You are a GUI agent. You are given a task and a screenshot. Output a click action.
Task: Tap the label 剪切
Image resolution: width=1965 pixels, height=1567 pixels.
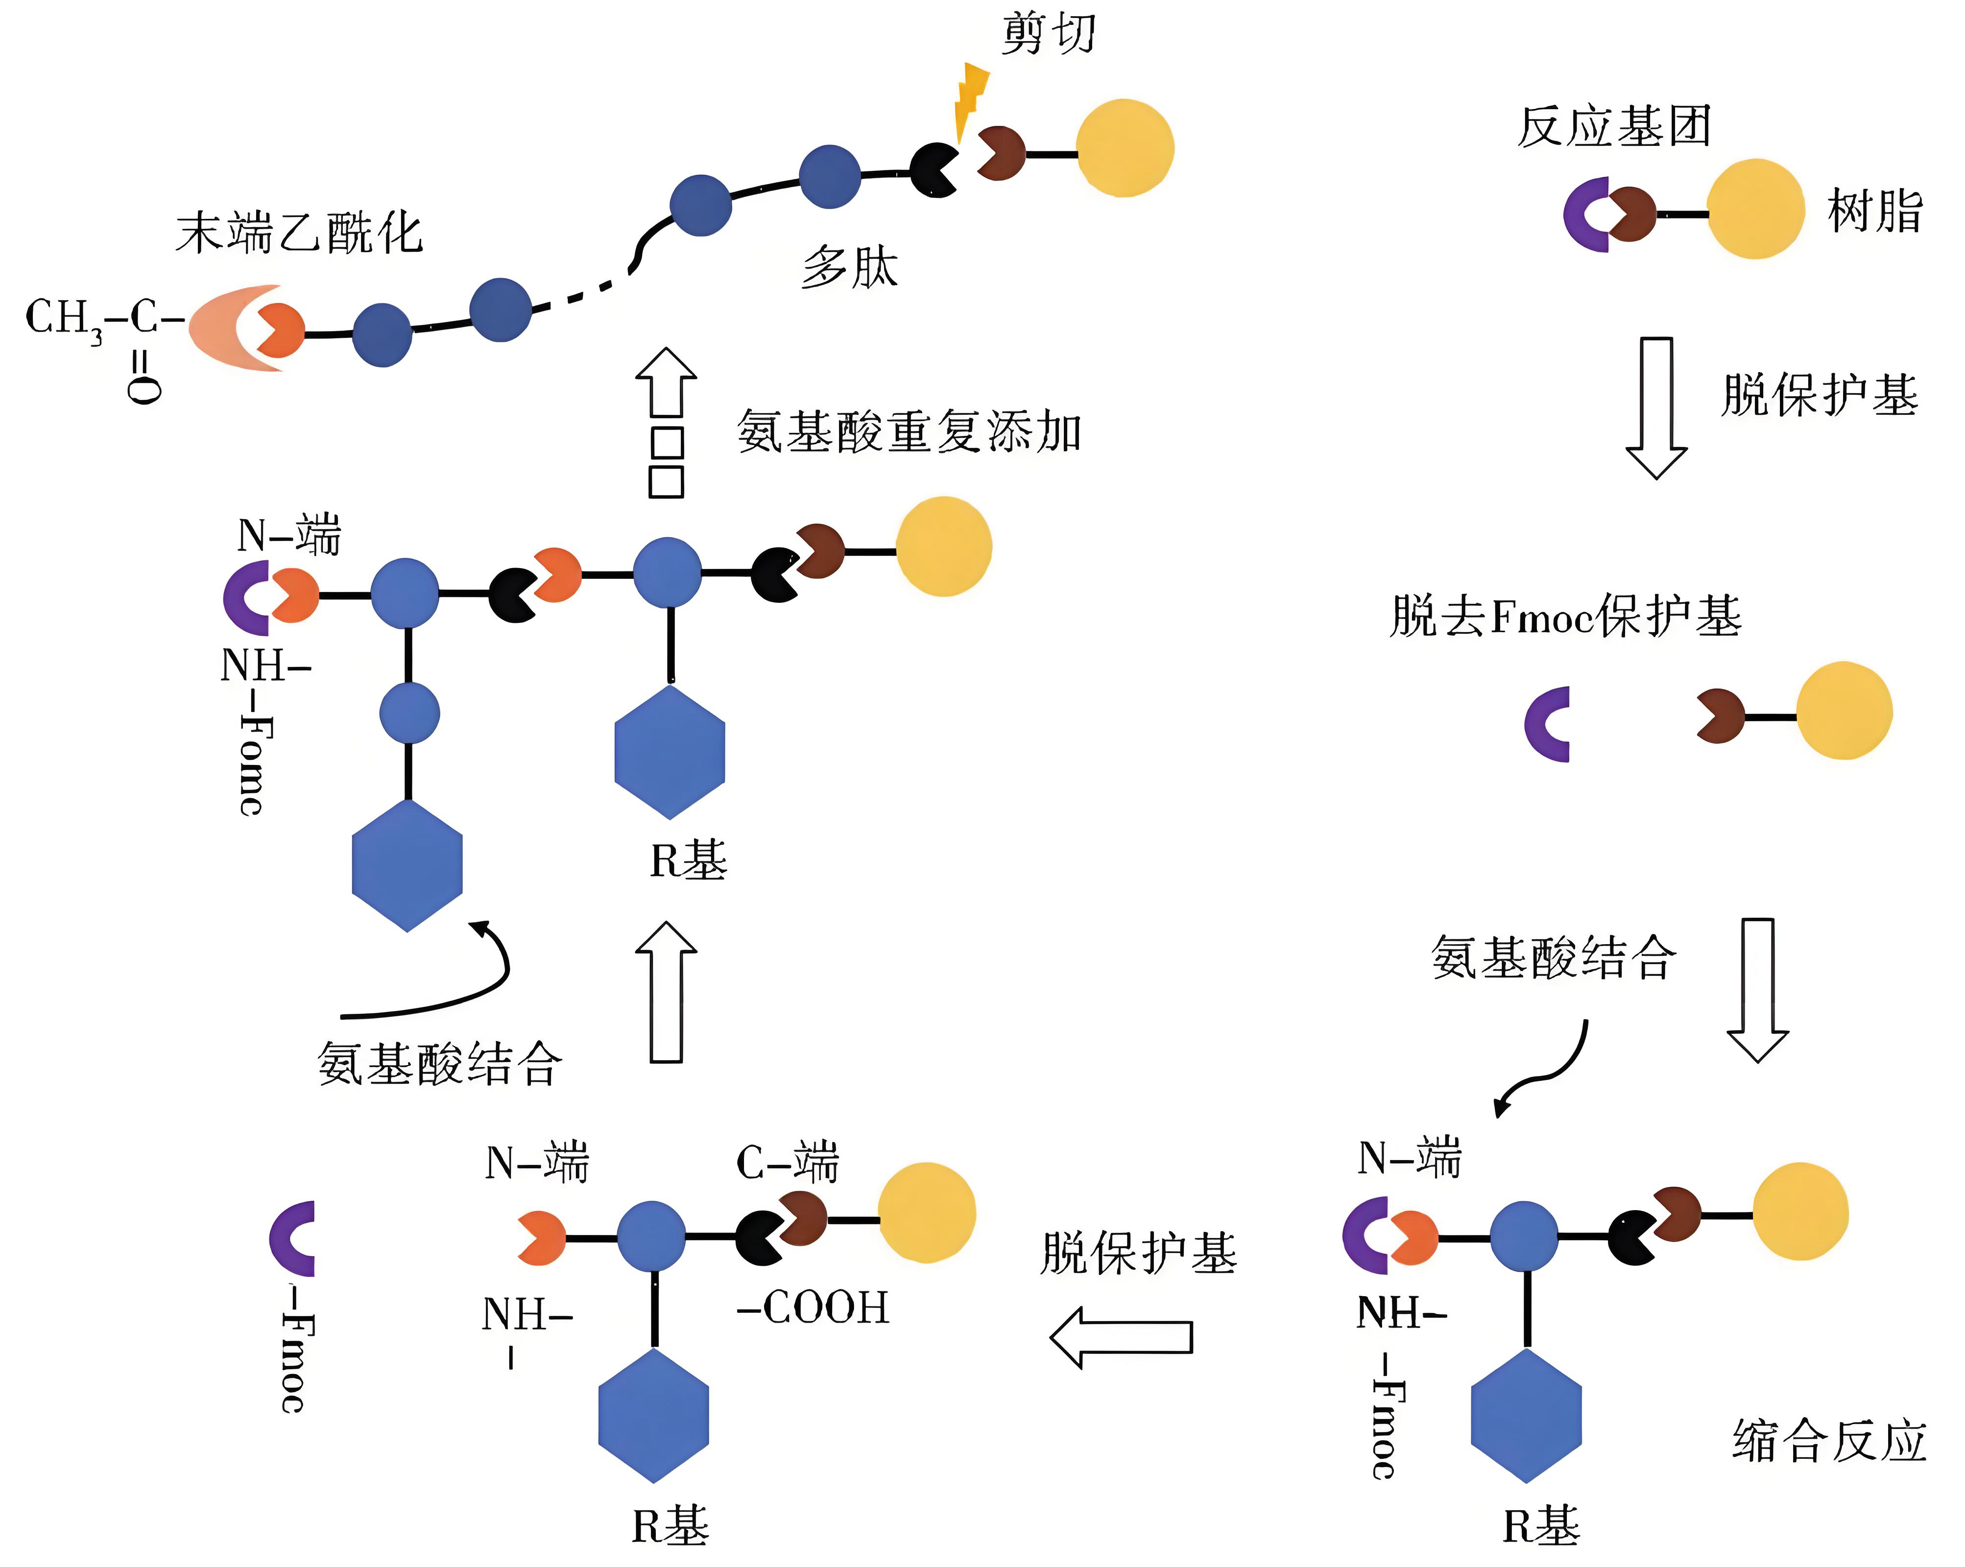(x=1048, y=35)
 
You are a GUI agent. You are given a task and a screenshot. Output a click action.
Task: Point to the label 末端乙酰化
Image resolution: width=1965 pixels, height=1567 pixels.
(x=299, y=233)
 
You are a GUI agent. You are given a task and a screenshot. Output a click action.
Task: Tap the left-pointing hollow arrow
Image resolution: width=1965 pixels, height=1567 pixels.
(x=1121, y=1336)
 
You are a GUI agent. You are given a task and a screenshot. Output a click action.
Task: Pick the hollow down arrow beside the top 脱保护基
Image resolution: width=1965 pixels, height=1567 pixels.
(x=1656, y=407)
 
